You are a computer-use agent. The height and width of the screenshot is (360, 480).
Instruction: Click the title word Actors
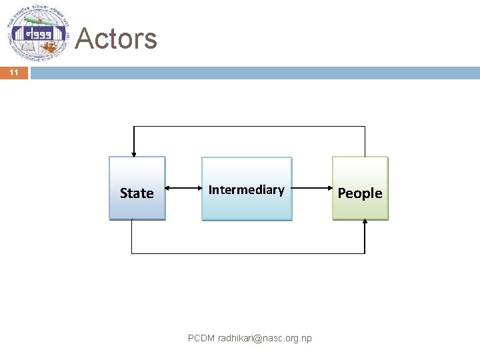point(117,39)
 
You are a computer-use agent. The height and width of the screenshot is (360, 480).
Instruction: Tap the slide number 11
point(14,73)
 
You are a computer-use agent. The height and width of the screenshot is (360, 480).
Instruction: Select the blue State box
point(137,189)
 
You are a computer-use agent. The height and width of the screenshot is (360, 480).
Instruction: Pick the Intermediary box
point(247,189)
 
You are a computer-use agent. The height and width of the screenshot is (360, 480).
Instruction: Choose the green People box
point(360,189)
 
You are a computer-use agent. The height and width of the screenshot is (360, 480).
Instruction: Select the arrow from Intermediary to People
point(311,189)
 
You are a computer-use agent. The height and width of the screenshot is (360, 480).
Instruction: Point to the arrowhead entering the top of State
point(134,153)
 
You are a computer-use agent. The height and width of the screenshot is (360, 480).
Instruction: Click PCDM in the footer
point(201,339)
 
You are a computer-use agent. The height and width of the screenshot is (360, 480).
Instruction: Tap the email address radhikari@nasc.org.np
point(265,339)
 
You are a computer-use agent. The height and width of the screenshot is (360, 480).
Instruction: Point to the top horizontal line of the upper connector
point(249,126)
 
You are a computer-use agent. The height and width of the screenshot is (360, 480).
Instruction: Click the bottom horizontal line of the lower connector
point(248,253)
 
